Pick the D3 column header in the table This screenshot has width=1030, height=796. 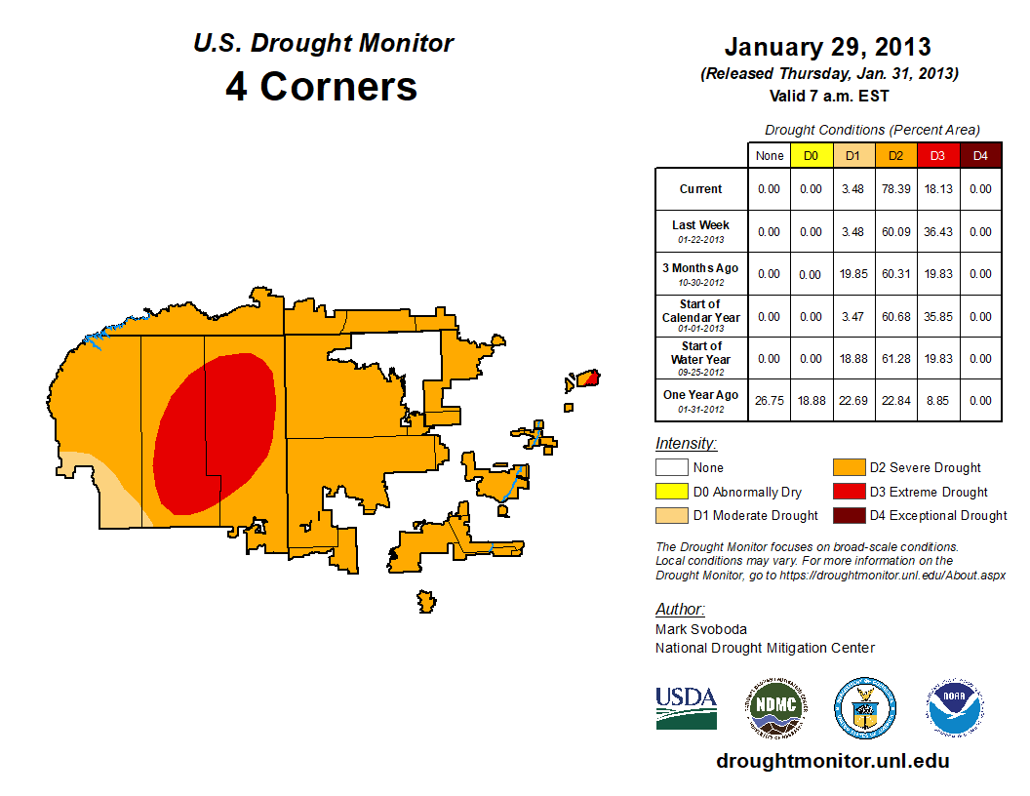pos(937,155)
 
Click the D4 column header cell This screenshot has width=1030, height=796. pos(980,155)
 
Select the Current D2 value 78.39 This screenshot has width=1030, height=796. pos(894,189)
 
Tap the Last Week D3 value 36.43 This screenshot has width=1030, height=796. pos(937,232)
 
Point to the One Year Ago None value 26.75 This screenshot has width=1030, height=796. pos(770,400)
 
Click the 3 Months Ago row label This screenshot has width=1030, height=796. pos(701,273)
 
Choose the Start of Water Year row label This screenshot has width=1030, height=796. pos(701,358)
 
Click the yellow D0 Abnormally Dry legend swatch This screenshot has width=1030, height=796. pos(671,492)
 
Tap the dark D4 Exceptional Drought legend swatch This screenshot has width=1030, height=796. pos(848,515)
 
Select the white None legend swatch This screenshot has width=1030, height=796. pos(671,468)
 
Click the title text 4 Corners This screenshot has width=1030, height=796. pos(322,87)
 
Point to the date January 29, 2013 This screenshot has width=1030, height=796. pos(827,47)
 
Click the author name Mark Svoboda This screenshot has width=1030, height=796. pos(701,629)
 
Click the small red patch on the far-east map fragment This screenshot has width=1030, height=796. pos(589,377)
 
